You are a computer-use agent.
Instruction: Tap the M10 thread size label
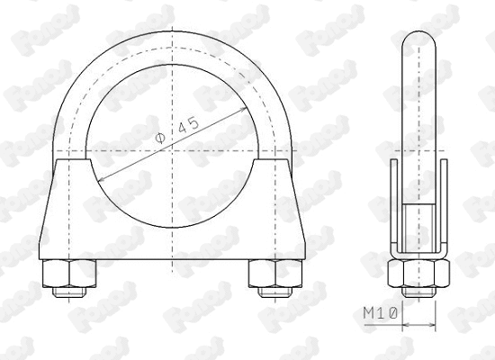point(381,313)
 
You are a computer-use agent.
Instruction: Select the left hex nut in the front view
point(66,274)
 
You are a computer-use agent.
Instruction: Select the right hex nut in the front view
point(270,274)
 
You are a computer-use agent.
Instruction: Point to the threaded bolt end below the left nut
point(66,292)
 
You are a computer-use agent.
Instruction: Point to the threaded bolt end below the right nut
point(270,292)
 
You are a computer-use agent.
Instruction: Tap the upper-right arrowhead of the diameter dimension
point(248,109)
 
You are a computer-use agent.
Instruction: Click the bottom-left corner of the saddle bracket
point(38,262)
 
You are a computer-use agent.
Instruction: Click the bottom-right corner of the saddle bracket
point(299,262)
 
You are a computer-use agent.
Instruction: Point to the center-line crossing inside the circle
point(170,149)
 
